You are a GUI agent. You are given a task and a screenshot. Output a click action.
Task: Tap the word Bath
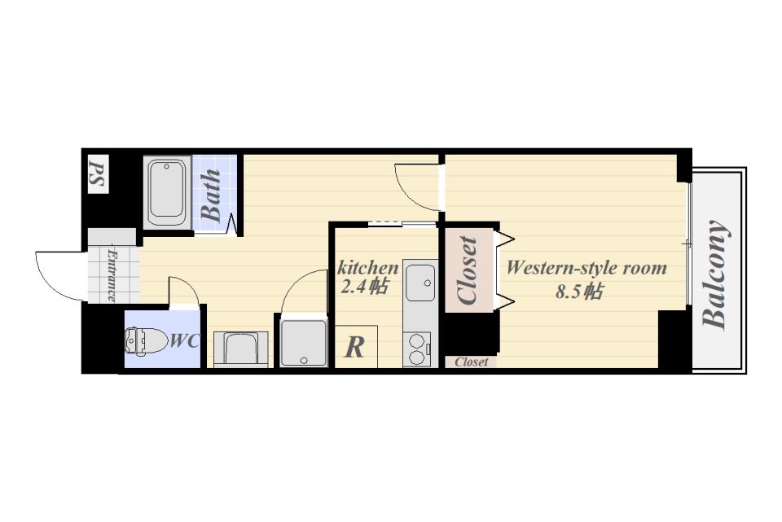211,195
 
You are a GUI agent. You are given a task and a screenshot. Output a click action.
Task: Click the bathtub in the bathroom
167,192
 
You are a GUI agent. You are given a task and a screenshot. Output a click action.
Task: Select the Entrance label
112,276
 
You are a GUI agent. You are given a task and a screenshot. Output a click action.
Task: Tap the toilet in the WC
146,340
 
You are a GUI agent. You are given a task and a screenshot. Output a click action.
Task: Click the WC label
185,341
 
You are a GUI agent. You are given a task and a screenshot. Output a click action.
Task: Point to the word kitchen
368,268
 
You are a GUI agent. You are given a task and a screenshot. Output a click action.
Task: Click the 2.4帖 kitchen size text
364,287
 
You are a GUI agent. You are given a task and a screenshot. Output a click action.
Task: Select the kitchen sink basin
420,283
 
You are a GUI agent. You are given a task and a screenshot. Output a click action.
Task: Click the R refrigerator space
356,347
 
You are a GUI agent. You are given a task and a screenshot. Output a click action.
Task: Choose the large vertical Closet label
468,270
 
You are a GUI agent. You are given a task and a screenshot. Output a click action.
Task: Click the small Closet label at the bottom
472,362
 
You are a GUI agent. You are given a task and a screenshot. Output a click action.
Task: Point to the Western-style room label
586,268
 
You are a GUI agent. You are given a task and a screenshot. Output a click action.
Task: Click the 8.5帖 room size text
579,291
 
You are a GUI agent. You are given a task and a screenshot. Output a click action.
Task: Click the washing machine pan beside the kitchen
304,343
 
